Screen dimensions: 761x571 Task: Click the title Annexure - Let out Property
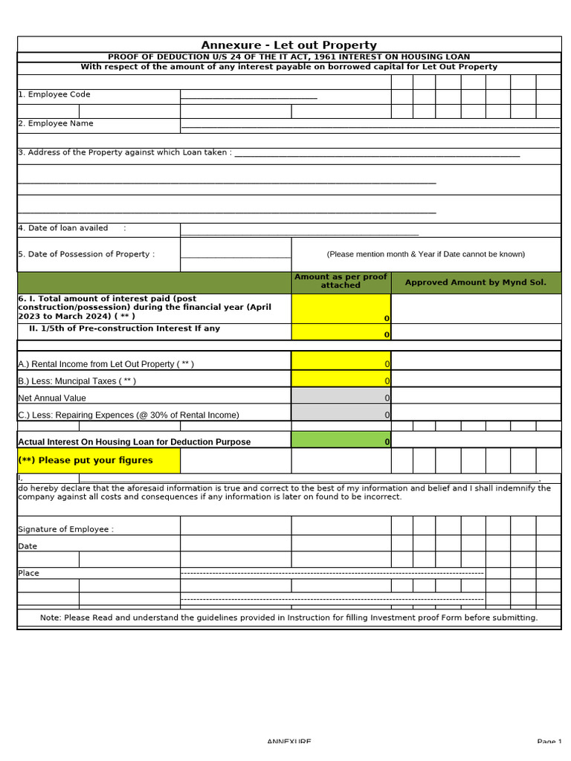click(x=288, y=45)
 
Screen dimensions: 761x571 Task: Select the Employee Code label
click(x=54, y=94)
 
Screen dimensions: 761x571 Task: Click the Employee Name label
click(x=56, y=123)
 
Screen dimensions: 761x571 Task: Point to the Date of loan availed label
click(x=63, y=228)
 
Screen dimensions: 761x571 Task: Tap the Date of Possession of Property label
click(x=86, y=254)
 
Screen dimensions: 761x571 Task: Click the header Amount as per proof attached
click(x=341, y=281)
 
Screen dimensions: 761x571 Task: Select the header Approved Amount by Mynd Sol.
click(x=475, y=282)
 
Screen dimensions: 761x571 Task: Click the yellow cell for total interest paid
click(x=341, y=308)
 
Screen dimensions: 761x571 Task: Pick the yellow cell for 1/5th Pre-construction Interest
click(x=341, y=331)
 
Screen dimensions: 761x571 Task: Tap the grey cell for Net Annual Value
click(x=341, y=397)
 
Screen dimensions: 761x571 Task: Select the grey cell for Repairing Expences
click(x=341, y=414)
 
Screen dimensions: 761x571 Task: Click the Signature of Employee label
click(x=65, y=529)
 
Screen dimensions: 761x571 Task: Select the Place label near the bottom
click(x=28, y=573)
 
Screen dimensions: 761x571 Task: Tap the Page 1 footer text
click(x=549, y=742)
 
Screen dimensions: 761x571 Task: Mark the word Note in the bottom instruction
click(x=50, y=618)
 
